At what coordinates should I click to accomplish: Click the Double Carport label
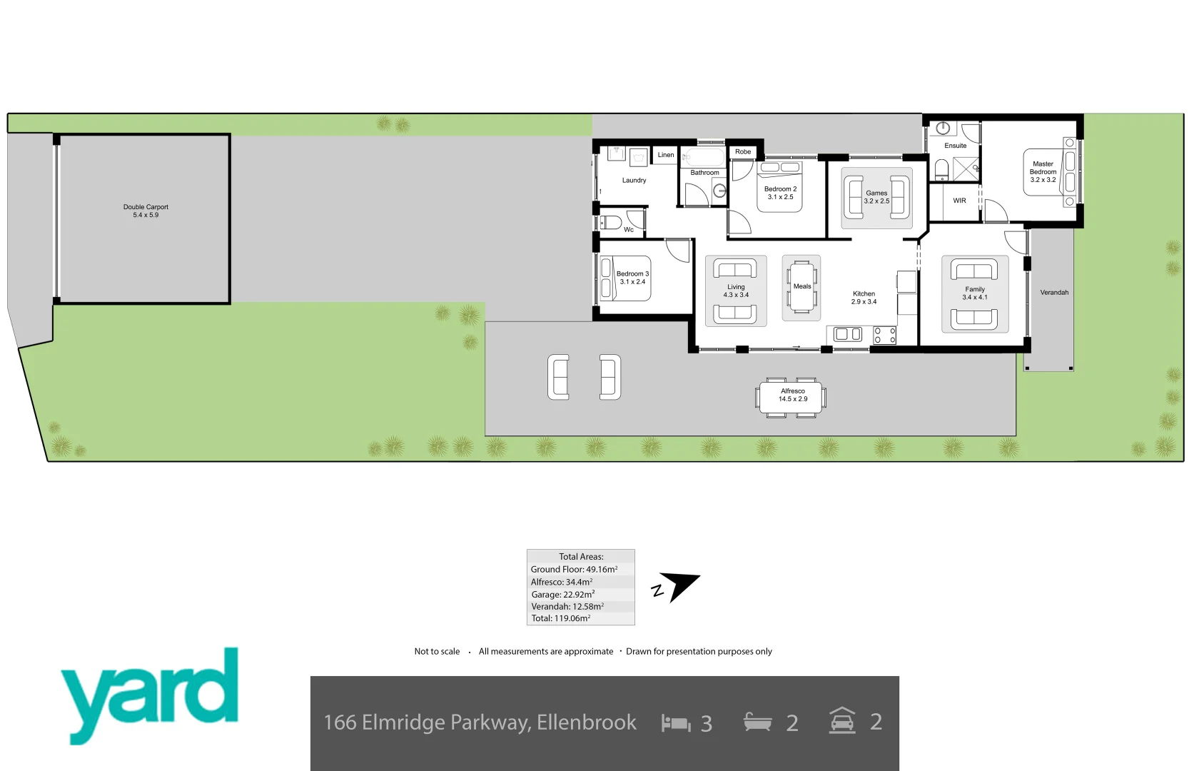pyautogui.click(x=146, y=211)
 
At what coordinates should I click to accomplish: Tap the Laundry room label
pyautogui.click(x=634, y=181)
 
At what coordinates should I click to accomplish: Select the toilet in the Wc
pyautogui.click(x=609, y=222)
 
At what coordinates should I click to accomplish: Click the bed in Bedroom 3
pyautogui.click(x=625, y=278)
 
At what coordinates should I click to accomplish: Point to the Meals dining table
pyautogui.click(x=801, y=287)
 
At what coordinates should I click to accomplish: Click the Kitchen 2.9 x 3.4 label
pyautogui.click(x=864, y=298)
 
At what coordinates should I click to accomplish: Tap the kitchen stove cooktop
pyautogui.click(x=885, y=335)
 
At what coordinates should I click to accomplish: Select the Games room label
pyautogui.click(x=876, y=197)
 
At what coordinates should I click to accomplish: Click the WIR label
pyautogui.click(x=959, y=201)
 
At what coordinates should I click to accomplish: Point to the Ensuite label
pyautogui.click(x=955, y=146)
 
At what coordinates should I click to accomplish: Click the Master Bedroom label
pyautogui.click(x=1043, y=171)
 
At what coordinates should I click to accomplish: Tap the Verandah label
pyautogui.click(x=1054, y=293)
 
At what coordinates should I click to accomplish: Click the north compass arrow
pyautogui.click(x=678, y=586)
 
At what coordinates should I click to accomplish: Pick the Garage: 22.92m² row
pyautogui.click(x=563, y=594)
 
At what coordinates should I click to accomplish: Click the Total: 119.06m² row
pyautogui.click(x=561, y=618)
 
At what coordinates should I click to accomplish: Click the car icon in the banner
pyautogui.click(x=842, y=721)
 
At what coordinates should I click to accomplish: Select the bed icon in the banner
pyautogui.click(x=675, y=723)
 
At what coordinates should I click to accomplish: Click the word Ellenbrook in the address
pyautogui.click(x=586, y=722)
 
